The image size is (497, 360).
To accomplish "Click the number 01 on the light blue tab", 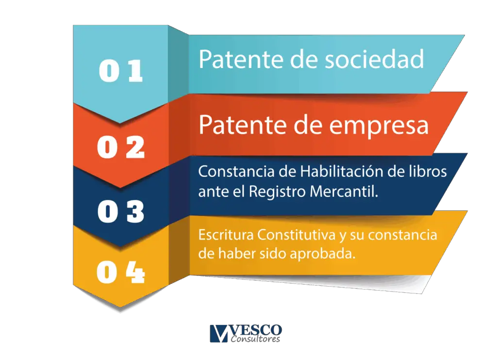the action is tap(121, 71).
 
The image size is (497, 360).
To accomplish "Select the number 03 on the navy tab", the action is tap(121, 211).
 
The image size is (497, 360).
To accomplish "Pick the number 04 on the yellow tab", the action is tap(121, 272).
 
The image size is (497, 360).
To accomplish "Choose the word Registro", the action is tap(277, 191).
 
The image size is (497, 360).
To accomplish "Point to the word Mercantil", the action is tap(344, 191).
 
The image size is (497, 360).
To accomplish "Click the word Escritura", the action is tap(226, 235).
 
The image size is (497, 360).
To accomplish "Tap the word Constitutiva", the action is tap(296, 235).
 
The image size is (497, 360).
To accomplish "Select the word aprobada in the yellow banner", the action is tap(322, 254).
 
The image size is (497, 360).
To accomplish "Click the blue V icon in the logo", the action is tap(219, 333).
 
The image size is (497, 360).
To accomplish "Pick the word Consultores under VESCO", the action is tap(255, 339).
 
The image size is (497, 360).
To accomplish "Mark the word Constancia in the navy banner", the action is tap(236, 171).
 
